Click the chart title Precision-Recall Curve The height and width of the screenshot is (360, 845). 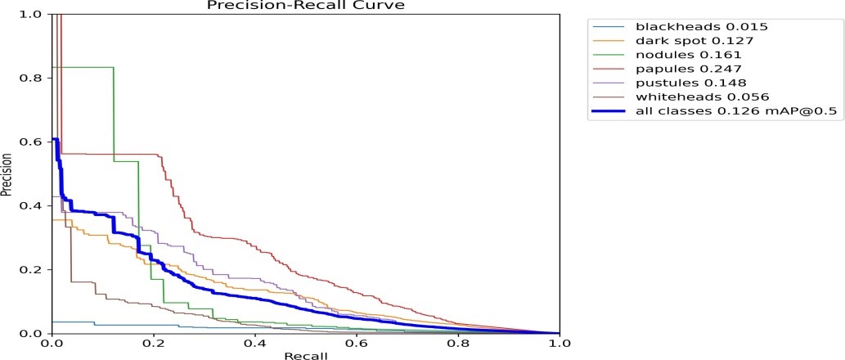pos(306,5)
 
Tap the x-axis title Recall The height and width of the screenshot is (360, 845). pos(306,355)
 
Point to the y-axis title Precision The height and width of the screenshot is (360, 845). pos(6,174)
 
